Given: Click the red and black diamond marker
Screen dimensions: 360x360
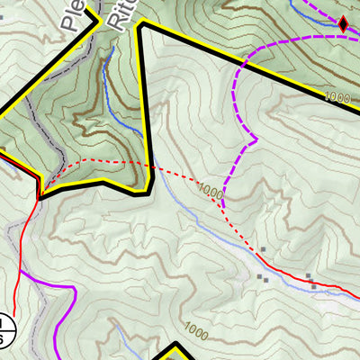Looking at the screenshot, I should [342, 24].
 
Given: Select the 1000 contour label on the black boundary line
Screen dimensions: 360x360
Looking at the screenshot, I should [337, 96].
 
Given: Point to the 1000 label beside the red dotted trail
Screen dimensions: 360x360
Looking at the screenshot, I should [211, 191].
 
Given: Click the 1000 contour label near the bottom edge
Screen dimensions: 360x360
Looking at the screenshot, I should [195, 328].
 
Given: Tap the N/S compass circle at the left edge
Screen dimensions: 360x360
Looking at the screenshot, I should [5, 329].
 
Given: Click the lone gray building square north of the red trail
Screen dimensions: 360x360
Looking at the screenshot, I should [263, 249].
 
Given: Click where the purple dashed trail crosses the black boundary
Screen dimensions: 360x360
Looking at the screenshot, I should [243, 65].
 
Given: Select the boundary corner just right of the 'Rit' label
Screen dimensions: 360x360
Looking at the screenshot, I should [139, 25].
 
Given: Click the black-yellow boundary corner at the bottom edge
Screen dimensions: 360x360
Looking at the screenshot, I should [176, 346].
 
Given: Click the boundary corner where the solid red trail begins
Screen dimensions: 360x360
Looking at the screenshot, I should [39, 194].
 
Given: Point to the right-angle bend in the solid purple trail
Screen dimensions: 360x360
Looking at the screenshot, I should [71, 288].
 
